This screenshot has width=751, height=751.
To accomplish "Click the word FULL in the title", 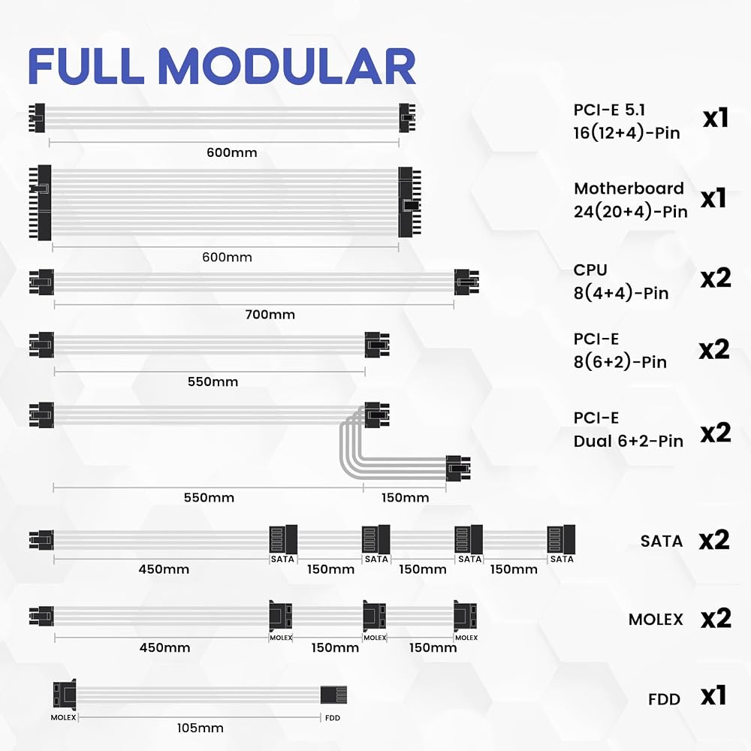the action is [x=86, y=66].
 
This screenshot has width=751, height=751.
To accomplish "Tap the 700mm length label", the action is [x=270, y=315].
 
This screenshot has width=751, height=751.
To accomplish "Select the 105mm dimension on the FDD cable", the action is [x=201, y=728].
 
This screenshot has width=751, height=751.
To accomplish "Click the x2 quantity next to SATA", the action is [x=714, y=540].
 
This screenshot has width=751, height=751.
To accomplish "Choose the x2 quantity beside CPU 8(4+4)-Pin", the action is [x=716, y=278].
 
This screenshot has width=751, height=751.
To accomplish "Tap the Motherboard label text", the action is [x=629, y=189].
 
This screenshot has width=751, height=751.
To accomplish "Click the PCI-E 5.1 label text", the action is [x=609, y=110].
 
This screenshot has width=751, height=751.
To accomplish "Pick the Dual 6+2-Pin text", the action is [x=629, y=441].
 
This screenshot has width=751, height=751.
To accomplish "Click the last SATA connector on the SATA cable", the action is [x=561, y=539].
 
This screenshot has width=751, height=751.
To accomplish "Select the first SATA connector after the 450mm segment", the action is [x=284, y=539].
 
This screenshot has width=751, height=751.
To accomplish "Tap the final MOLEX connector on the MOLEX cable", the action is [x=465, y=616].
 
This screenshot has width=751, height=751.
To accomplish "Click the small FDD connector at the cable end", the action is [x=333, y=695].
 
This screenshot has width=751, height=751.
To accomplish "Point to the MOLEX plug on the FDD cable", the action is [x=65, y=695].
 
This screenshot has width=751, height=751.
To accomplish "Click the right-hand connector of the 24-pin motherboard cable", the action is [x=409, y=202].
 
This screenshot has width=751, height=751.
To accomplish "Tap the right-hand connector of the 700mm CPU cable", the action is [x=466, y=282].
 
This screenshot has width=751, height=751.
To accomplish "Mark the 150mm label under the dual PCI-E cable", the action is [x=406, y=498].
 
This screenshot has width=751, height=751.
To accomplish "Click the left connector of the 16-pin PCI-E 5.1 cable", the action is [x=38, y=118].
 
